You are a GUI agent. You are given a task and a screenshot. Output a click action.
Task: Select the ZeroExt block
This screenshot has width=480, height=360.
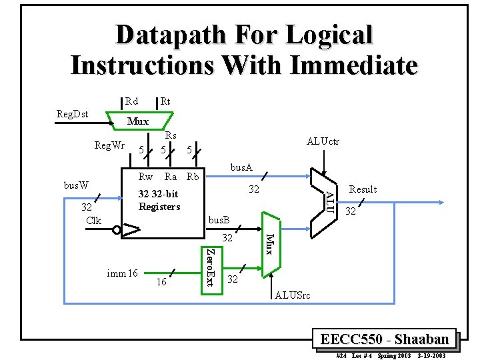[209, 269]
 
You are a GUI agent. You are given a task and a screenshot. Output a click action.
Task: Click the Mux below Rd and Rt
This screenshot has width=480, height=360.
[138, 121]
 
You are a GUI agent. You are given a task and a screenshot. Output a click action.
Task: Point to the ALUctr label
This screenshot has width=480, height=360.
[323, 141]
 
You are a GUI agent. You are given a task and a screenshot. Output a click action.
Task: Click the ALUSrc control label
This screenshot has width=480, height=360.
[293, 295]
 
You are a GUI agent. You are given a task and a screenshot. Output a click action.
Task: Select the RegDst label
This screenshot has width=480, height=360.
[72, 115]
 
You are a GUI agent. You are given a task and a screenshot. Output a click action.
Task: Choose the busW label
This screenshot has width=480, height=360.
[76, 183]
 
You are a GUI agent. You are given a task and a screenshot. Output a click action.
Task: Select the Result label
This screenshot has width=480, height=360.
[363, 189]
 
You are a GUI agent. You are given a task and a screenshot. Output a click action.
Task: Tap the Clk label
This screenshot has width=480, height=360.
[93, 220]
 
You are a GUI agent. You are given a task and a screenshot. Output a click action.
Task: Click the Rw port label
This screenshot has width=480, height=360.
[145, 177]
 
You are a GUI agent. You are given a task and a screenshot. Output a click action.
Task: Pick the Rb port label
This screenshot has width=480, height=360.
[193, 177]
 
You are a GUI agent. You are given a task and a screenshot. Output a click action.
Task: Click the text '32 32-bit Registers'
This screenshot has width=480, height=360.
[159, 200]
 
